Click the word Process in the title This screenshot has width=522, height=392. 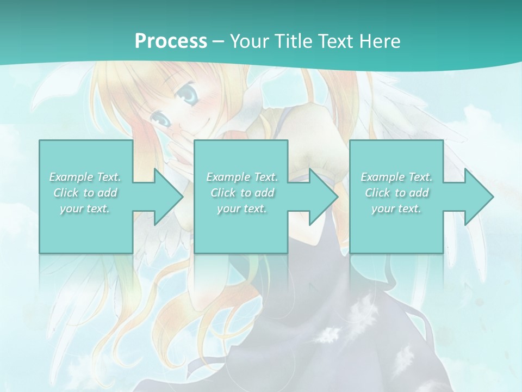tap(171, 41)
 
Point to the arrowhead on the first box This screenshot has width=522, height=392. tap(165, 197)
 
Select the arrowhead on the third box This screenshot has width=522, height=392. tap(476, 197)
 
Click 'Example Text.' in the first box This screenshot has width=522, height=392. tap(85, 177)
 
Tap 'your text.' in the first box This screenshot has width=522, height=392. tap(85, 209)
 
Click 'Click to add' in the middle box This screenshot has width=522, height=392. tap(242, 193)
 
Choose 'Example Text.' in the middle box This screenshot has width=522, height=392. tap(242, 177)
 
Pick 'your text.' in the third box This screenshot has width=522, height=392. tap(396, 209)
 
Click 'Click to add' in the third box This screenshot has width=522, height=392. tap(396, 193)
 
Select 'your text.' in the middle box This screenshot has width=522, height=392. tap(242, 209)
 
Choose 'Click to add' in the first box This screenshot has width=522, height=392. tap(85, 193)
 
